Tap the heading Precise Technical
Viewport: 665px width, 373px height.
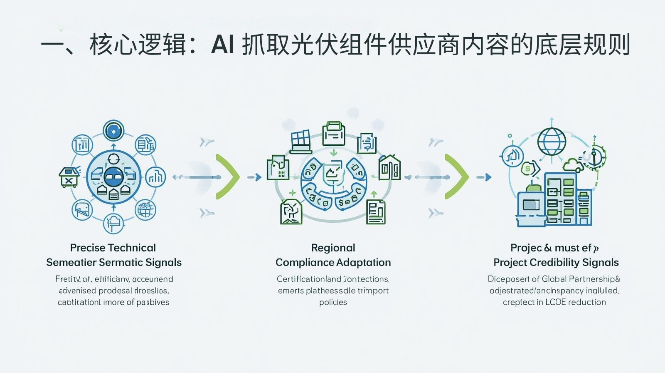click(x=113, y=248)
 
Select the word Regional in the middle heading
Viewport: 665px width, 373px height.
click(x=333, y=248)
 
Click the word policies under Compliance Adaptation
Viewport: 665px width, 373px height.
click(x=333, y=302)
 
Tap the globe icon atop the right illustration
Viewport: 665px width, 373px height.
click(x=552, y=141)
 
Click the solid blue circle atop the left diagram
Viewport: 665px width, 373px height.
click(x=113, y=131)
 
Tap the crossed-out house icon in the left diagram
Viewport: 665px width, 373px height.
click(x=69, y=177)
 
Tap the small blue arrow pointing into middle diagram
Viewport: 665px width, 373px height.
click(x=254, y=177)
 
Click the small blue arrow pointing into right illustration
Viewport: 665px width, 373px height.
click(x=484, y=177)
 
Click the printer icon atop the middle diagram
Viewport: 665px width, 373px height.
click(x=333, y=132)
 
